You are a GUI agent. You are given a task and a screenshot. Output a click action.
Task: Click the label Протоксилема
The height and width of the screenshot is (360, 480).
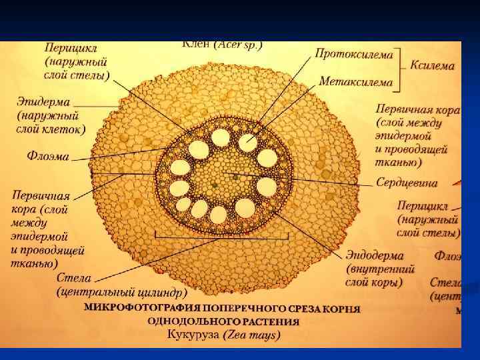(354, 53)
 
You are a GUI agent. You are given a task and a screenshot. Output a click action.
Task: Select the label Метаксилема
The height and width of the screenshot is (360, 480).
(355, 81)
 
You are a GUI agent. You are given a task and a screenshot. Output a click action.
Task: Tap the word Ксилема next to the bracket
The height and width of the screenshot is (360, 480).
(432, 66)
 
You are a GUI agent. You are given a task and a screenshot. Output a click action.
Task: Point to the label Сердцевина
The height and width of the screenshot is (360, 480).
(406, 181)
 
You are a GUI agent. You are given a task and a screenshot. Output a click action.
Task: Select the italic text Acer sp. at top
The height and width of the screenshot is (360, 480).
(239, 45)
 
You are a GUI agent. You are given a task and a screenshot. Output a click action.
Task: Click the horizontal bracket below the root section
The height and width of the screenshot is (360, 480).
(221, 237)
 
